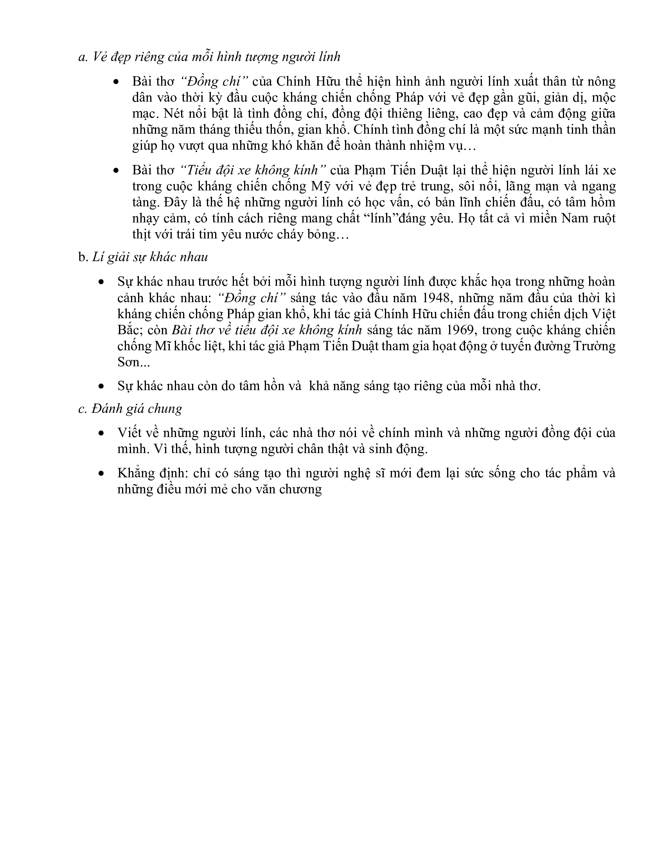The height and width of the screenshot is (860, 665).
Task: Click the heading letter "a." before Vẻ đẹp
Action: pyautogui.click(x=83, y=57)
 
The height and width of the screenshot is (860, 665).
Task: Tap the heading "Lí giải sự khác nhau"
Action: pyautogui.click(x=150, y=257)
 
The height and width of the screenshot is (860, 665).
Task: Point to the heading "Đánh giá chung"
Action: pyautogui.click(x=137, y=409)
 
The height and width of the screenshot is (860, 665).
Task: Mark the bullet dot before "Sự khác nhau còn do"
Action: pyautogui.click(x=102, y=387)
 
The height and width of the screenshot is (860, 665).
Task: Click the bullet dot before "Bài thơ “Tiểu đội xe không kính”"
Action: pyautogui.click(x=116, y=170)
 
